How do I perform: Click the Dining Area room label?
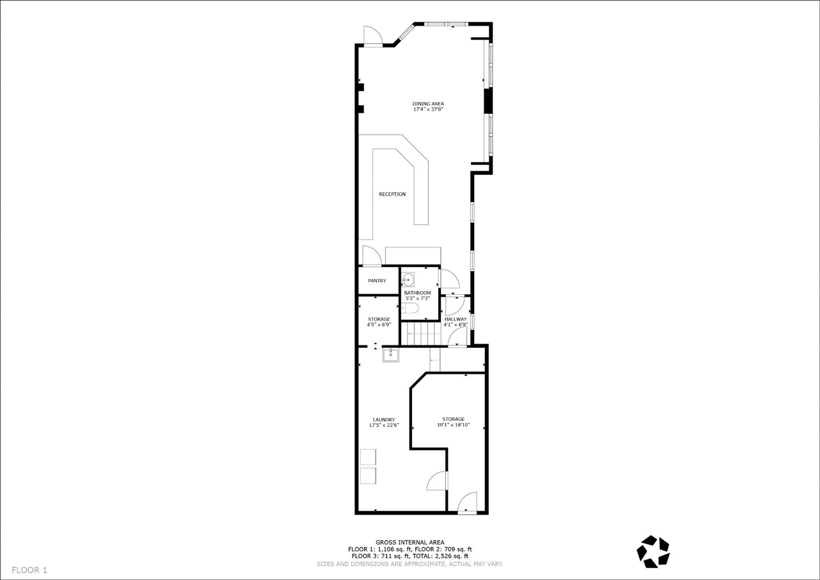[428, 104]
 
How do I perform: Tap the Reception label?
[392, 194]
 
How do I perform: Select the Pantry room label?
[377, 281]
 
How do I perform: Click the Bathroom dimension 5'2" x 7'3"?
[417, 299]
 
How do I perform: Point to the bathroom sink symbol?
[408, 279]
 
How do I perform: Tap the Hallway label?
[455, 319]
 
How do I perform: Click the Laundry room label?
[384, 420]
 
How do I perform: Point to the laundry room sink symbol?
[391, 355]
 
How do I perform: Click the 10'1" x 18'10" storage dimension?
[454, 425]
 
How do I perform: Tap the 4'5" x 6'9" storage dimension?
[379, 325]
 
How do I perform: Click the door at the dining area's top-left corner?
[373, 37]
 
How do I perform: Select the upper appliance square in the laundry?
[368, 457]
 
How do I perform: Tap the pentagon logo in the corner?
[653, 551]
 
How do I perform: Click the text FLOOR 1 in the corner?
[29, 570]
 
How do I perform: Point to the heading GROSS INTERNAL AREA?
[409, 542]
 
